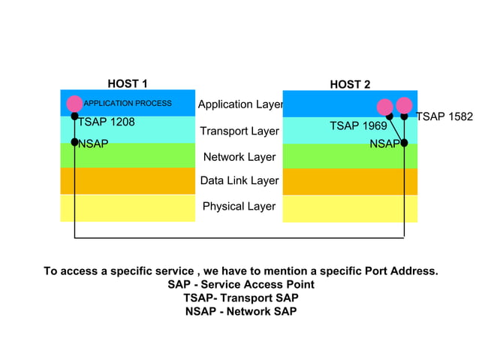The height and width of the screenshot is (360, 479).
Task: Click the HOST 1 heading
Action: click(x=128, y=83)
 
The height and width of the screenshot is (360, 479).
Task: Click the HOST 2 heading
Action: click(x=350, y=84)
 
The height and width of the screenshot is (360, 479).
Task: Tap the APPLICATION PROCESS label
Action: click(x=128, y=104)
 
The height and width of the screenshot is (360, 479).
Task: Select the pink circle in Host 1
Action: click(x=74, y=104)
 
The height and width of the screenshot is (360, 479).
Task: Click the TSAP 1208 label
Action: click(x=107, y=122)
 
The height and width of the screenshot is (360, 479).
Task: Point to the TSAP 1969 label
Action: click(x=358, y=126)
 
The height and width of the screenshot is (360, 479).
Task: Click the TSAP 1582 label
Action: click(x=444, y=116)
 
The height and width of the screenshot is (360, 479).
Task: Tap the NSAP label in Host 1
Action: click(x=93, y=143)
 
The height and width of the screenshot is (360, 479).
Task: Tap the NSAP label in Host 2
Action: click(x=384, y=144)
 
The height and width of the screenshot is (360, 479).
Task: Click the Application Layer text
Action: click(x=239, y=105)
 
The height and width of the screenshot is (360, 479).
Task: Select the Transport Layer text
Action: click(x=239, y=132)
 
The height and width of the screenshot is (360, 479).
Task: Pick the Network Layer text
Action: click(x=239, y=157)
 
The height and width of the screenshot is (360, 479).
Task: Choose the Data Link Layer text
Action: click(x=239, y=180)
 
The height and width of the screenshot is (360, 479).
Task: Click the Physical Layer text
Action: click(x=239, y=206)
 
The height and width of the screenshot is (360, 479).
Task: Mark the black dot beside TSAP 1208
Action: click(x=74, y=116)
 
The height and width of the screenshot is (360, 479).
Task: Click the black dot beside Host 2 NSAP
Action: click(x=404, y=143)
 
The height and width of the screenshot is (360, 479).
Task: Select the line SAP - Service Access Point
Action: click(x=240, y=285)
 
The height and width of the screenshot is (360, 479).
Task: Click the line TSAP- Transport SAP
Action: click(x=240, y=298)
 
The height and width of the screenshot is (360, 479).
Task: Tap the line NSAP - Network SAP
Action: click(x=240, y=311)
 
